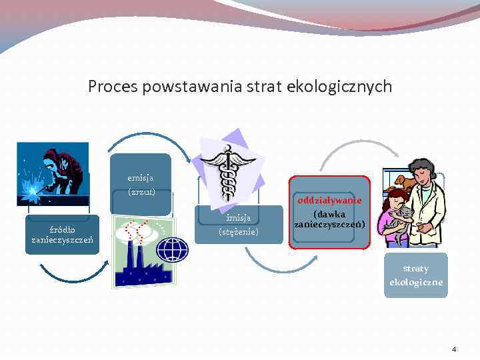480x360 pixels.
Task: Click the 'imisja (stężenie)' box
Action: (239, 225)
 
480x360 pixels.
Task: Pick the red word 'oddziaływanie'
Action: (329, 200)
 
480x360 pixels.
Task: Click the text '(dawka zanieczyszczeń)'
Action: (329, 219)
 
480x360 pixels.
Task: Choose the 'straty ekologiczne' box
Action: (416, 275)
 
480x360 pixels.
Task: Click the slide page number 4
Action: (454, 349)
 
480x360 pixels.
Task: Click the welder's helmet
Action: (53, 160)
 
